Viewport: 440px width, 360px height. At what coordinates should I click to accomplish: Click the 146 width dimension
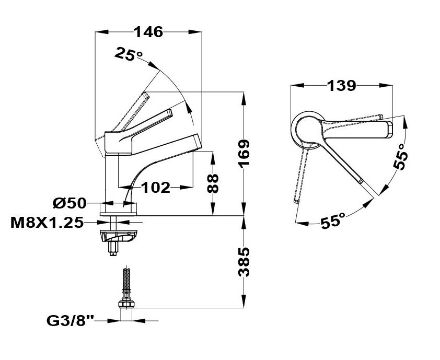click(x=148, y=32)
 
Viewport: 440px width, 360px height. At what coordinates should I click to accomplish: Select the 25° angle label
click(x=129, y=53)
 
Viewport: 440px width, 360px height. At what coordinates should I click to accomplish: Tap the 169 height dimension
click(x=244, y=154)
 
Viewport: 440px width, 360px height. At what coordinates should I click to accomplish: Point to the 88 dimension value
click(x=213, y=183)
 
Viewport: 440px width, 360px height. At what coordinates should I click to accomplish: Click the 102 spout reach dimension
click(x=156, y=188)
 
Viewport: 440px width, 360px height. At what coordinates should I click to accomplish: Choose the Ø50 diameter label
click(x=70, y=203)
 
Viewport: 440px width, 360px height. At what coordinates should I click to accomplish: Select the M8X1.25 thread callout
click(x=47, y=222)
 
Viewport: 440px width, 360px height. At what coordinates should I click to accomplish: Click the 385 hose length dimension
click(x=244, y=262)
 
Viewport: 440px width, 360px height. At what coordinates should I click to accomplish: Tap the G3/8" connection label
click(x=71, y=321)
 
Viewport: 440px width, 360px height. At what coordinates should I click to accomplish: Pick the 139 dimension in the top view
click(x=341, y=86)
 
